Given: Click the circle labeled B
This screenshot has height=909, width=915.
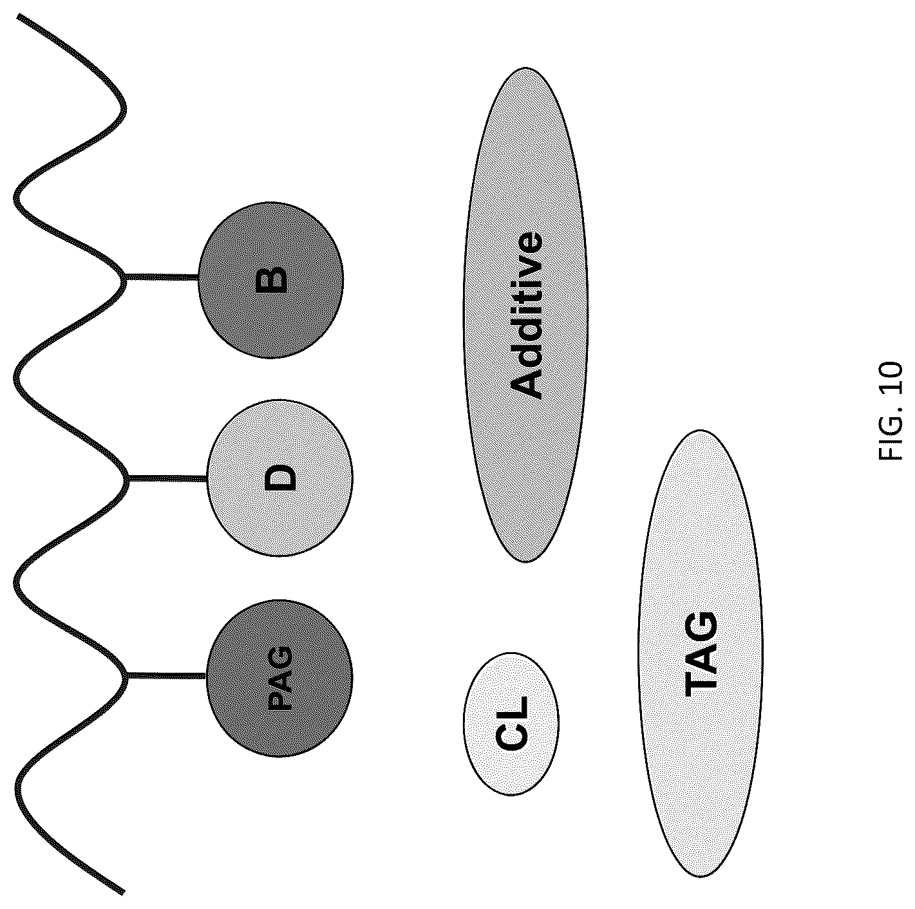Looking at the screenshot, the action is pos(270,280).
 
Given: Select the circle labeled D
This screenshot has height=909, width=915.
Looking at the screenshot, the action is pos(280,478).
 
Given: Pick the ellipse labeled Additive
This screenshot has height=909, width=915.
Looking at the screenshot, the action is pos(525,315).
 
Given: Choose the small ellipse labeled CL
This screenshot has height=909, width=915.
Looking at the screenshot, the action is pos(511,724).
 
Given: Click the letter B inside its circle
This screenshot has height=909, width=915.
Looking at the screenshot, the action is pos(271,280).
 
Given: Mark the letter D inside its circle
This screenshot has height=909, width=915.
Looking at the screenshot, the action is pos(280,478).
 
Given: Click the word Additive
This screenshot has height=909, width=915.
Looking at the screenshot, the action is pos(525,315).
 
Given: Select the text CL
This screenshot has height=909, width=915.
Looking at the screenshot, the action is pos(511,724).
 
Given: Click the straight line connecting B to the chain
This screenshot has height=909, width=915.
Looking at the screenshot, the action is pos(162,277).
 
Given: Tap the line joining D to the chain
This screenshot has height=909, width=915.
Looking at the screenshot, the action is pos(167,479).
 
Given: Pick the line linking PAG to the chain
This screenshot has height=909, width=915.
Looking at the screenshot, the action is pos(167,675).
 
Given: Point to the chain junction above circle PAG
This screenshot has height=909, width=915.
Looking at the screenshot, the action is pos(126,675).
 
